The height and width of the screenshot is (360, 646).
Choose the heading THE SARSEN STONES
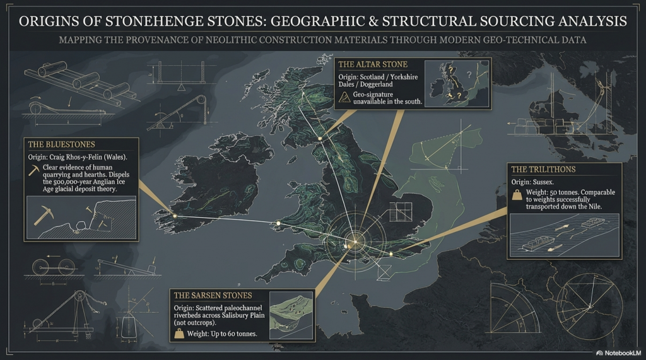pyautogui.click(x=213, y=295)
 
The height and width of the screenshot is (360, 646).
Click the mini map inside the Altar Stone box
pyautogui.click(x=457, y=84)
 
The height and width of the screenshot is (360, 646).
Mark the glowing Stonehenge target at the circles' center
pyautogui.click(x=354, y=241)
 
